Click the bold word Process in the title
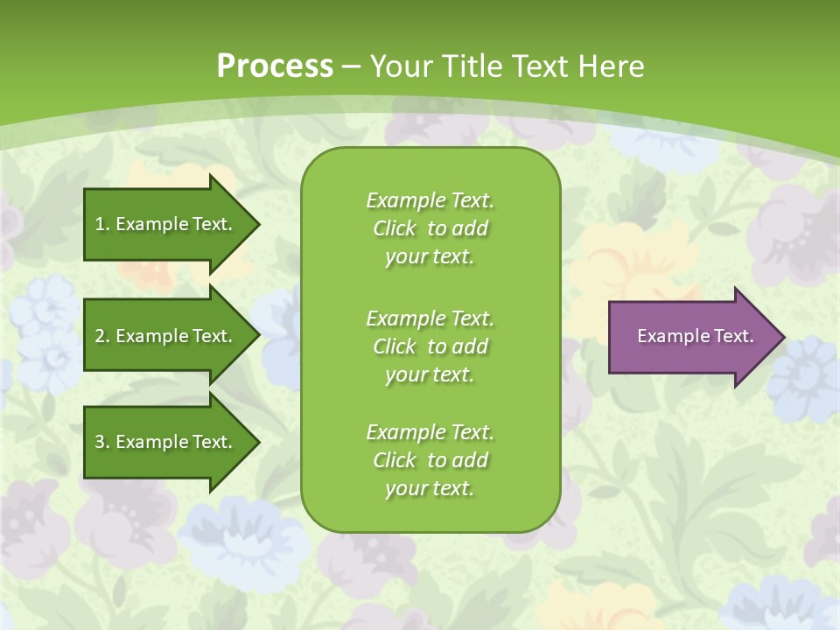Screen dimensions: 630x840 [x=275, y=66]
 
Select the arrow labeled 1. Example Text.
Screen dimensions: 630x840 [x=166, y=224]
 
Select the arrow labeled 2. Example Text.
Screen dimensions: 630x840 [x=166, y=336]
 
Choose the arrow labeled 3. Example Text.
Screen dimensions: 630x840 [x=166, y=442]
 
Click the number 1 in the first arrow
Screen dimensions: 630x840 [x=100, y=224]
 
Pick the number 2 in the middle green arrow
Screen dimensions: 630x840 [x=100, y=336]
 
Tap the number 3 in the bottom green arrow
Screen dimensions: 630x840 [x=100, y=442]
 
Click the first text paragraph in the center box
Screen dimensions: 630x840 [x=430, y=228]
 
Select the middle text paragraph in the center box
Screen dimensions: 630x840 [x=430, y=346]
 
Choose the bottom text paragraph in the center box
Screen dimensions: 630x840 [x=430, y=460]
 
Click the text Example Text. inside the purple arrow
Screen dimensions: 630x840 [x=695, y=336]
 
